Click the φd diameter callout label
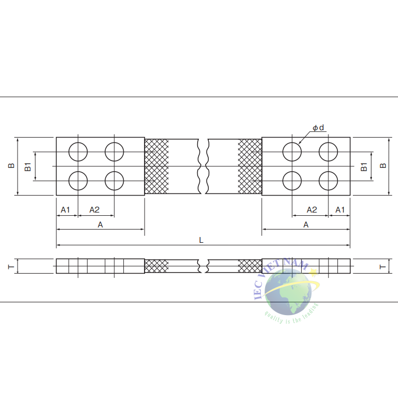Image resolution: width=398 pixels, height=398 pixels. coord(318,128)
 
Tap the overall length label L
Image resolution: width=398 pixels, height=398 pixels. coord(201,240)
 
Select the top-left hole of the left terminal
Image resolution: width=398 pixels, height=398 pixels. coord(78,152)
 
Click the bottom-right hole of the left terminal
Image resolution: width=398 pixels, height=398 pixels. coord(114,181)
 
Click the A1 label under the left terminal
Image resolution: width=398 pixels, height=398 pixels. coord(65,210)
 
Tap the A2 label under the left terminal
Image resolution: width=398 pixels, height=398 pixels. coord(94,210)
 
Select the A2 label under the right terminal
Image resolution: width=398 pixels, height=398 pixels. coord(312,210)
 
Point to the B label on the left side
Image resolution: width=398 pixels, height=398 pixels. coord(11,166)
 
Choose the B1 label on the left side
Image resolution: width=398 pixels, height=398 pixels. coord(28,166)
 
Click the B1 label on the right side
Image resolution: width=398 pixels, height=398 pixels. coord(364,166)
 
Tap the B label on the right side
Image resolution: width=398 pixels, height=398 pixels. coord(383,166)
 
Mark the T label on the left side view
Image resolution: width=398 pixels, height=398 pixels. coord(11,266)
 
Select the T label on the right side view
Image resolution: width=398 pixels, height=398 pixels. coord(383,266)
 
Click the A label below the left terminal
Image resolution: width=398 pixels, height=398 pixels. coord(100,225)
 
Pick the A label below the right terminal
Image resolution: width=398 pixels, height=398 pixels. coord(306,225)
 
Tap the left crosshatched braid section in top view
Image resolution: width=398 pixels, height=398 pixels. coord(157,167)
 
